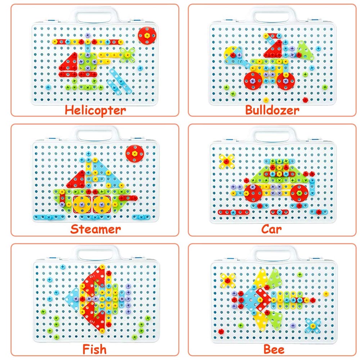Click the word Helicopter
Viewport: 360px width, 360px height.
(x=95, y=110)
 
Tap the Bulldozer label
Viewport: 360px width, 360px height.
(x=272, y=110)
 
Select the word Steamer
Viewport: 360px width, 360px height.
(x=95, y=229)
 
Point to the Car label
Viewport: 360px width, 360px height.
(x=272, y=229)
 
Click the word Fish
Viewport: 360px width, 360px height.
(x=94, y=348)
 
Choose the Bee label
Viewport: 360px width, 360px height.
(x=274, y=348)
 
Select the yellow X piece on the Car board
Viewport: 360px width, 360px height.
(x=226, y=161)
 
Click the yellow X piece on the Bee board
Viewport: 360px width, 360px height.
(x=228, y=279)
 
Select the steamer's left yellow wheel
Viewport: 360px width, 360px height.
(x=82, y=204)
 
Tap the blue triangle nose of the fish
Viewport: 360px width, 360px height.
(x=73, y=296)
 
